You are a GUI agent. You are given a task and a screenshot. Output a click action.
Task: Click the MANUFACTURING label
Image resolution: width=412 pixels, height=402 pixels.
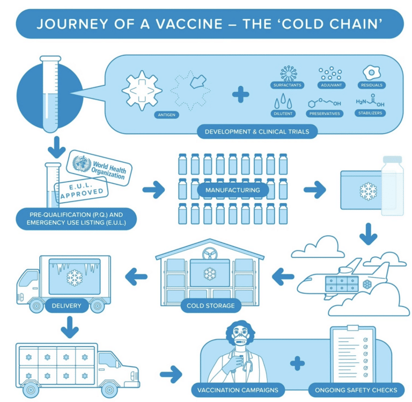(232, 190)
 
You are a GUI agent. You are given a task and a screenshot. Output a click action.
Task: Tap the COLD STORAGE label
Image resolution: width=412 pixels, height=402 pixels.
(210, 306)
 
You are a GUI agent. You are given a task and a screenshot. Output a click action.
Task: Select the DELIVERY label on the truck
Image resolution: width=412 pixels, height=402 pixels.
(67, 306)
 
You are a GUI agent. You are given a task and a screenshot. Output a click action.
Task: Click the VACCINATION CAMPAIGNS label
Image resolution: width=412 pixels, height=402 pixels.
(239, 390)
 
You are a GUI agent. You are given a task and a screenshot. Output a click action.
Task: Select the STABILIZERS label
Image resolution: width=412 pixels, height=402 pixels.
(370, 113)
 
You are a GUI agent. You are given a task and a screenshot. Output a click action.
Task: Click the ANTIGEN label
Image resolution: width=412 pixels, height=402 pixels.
(167, 114)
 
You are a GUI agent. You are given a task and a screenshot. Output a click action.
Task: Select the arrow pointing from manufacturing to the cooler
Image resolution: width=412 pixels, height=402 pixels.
(315, 189)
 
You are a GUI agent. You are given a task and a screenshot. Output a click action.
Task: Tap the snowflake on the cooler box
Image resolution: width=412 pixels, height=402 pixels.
(369, 191)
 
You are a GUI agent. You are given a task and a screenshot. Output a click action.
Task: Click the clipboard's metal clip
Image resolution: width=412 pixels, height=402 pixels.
(352, 328)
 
